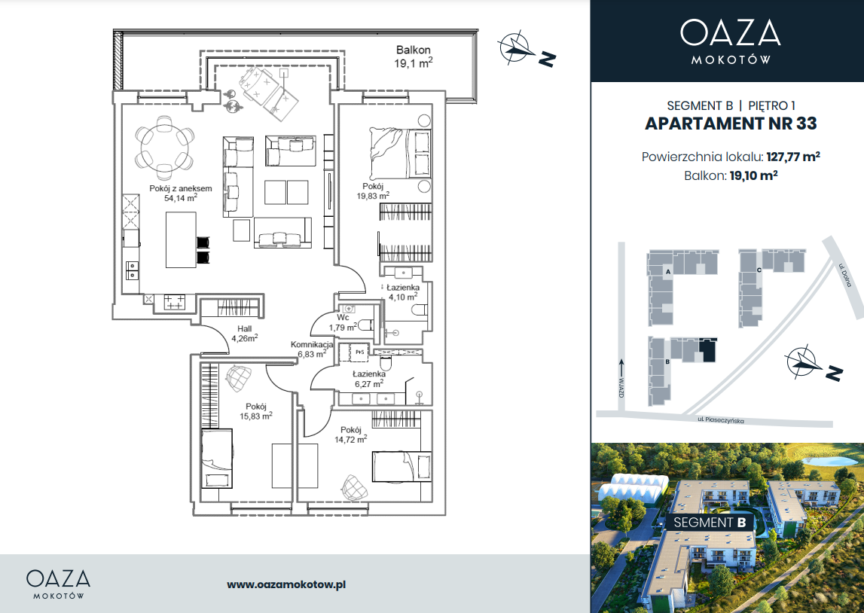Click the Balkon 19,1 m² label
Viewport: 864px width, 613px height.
tap(414, 56)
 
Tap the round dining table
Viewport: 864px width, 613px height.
tap(165, 148)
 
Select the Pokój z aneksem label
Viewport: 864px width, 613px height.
tap(181, 194)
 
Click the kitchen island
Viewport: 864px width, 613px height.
tap(181, 240)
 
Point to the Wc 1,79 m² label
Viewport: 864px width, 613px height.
tap(343, 323)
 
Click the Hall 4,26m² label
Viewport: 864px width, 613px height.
tap(245, 334)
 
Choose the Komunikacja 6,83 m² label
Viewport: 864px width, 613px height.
tap(312, 349)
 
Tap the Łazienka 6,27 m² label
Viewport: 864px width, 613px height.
tap(369, 379)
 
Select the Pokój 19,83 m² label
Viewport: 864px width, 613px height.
tap(373, 191)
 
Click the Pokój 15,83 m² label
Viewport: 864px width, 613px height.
tap(256, 411)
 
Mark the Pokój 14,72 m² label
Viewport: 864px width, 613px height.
tap(351, 435)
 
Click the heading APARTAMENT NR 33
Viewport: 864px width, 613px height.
tap(731, 124)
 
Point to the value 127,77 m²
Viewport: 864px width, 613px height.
tap(793, 157)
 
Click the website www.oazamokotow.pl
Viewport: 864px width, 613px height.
tap(286, 585)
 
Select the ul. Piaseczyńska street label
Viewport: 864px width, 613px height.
tap(720, 419)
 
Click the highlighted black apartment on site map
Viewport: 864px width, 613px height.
tap(707, 350)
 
